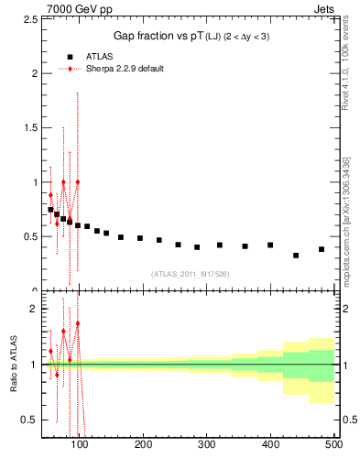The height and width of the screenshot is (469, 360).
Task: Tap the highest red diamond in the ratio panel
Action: click(78, 323)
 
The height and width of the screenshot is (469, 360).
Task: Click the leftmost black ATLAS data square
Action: click(50, 210)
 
